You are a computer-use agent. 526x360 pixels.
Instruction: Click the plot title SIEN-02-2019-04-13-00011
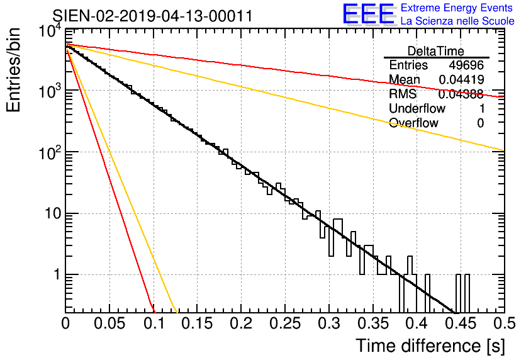click(x=152, y=16)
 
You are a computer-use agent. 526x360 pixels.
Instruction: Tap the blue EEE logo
click(x=369, y=14)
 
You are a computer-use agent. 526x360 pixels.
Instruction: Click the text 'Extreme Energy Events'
click(x=457, y=8)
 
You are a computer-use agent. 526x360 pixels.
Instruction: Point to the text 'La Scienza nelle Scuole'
click(x=457, y=21)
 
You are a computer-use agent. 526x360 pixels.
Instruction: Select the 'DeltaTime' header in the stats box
click(x=435, y=51)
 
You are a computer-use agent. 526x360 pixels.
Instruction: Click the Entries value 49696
click(x=466, y=65)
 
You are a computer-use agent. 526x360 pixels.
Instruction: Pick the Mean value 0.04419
click(x=461, y=79)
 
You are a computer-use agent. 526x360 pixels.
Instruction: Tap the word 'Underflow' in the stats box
click(x=417, y=108)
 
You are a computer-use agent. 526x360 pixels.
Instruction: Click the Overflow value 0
click(x=480, y=123)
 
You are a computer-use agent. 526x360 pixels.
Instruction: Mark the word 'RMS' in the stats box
click(x=403, y=94)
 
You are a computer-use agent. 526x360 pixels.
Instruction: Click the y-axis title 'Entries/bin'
click(x=13, y=70)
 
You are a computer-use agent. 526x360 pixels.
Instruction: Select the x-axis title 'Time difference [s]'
click(x=430, y=346)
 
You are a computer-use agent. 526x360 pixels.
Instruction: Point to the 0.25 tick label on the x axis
click(x=285, y=323)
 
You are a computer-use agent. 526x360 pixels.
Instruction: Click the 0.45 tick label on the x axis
click(x=461, y=323)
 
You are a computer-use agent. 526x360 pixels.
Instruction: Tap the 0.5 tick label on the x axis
click(x=504, y=323)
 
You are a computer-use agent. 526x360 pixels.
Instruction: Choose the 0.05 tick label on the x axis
click(x=109, y=323)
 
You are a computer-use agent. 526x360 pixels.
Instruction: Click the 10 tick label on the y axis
click(x=53, y=213)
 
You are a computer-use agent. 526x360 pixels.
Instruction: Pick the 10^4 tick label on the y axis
click(x=50, y=31)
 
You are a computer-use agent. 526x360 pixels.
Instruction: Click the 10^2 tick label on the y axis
click(x=50, y=154)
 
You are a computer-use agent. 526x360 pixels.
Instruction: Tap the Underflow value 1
click(x=482, y=108)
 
